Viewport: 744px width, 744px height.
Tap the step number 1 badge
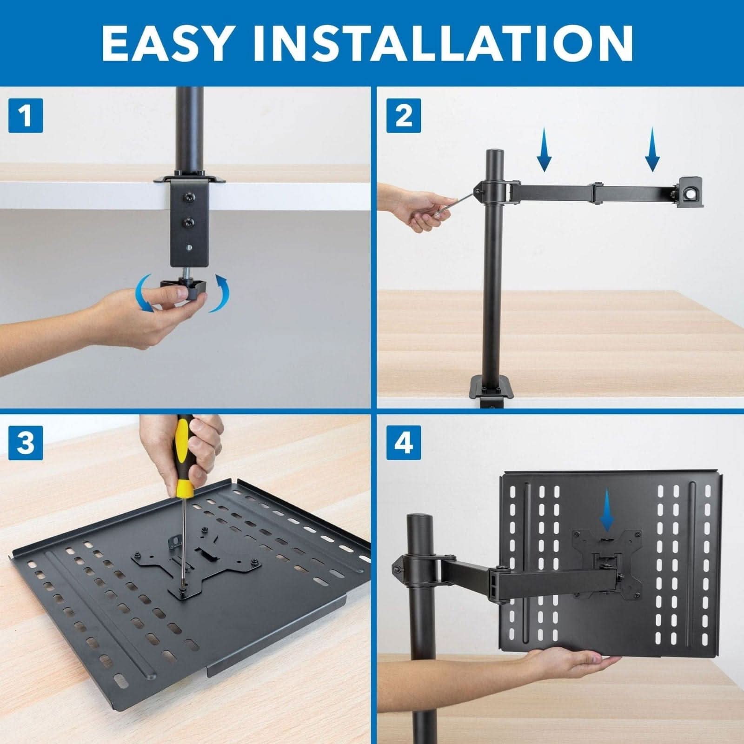26,115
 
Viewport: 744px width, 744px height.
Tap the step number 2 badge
404,115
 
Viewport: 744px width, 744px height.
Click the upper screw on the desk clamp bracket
188,198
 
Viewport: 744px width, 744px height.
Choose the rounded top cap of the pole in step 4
420,520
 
